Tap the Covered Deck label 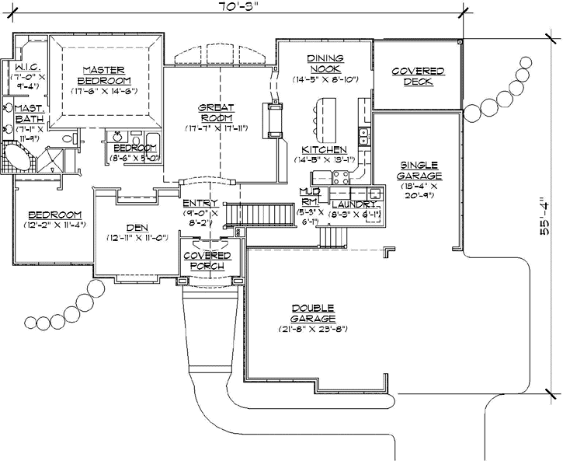pyautogui.click(x=418, y=76)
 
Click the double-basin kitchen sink pyautogui.click(x=363, y=138)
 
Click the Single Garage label pyautogui.click(x=419, y=169)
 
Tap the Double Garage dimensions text pyautogui.click(x=314, y=329)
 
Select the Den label pyautogui.click(x=137, y=228)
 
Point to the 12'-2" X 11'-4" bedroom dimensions pyautogui.click(x=54, y=225)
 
